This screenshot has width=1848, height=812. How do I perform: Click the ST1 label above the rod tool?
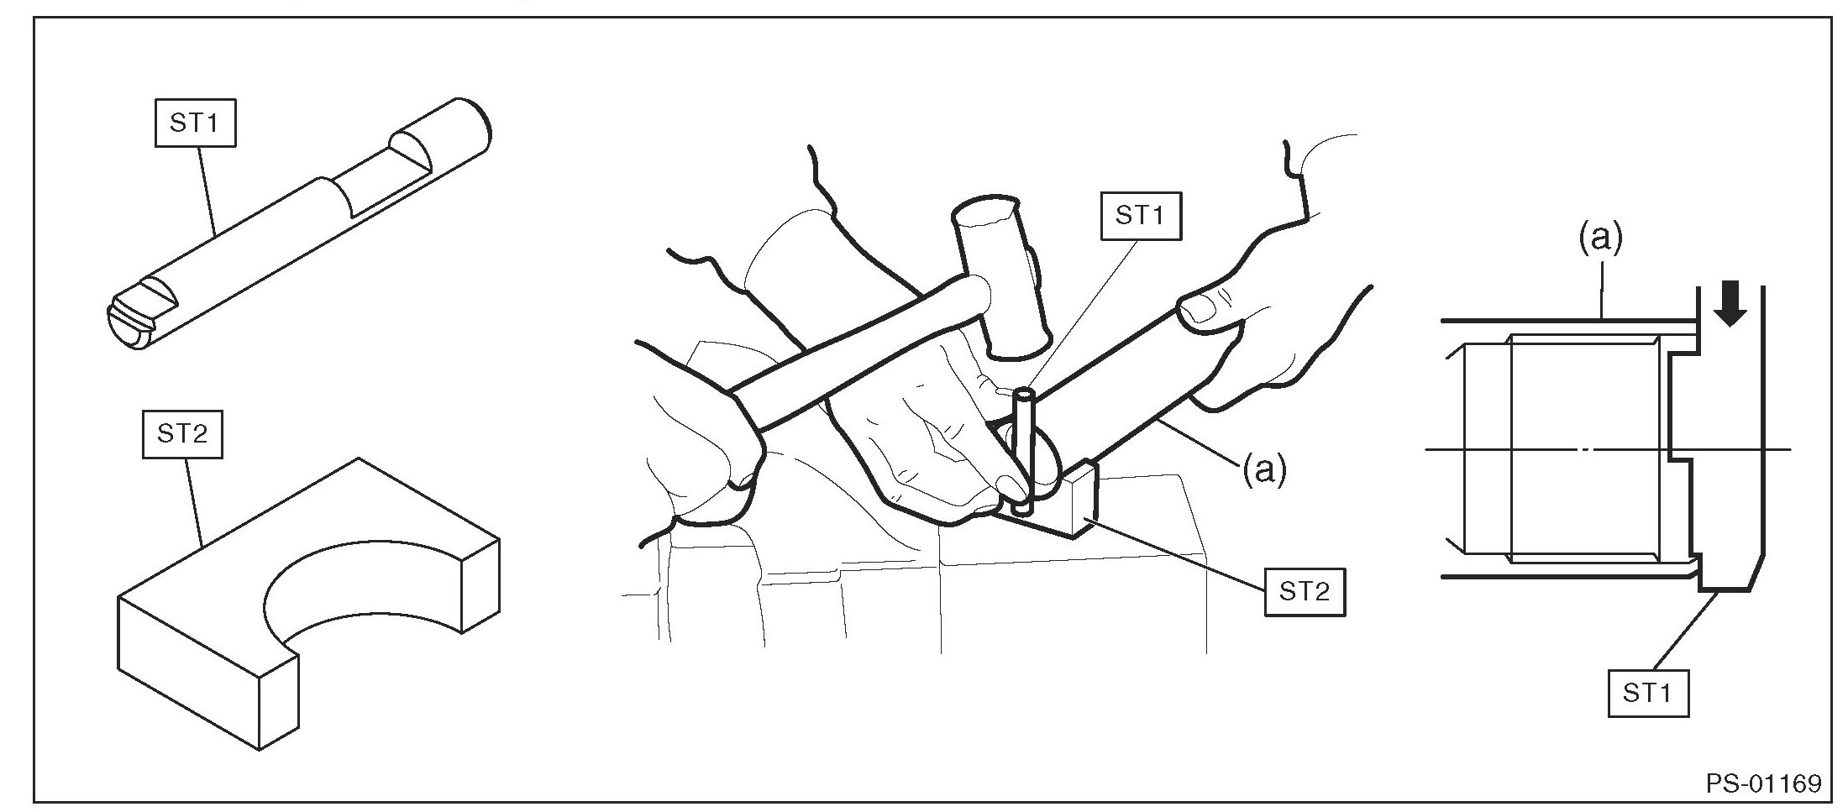point(195,123)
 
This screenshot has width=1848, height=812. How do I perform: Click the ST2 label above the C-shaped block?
point(182,434)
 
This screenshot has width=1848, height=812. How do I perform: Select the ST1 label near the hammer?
point(1141,216)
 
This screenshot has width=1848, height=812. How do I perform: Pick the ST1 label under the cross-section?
point(1648,693)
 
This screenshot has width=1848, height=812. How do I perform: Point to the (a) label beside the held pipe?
point(1264,470)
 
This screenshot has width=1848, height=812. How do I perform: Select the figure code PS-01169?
point(1763,783)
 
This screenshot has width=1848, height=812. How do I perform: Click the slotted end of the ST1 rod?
point(133,322)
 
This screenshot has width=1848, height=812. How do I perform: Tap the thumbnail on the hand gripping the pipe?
point(1199,312)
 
